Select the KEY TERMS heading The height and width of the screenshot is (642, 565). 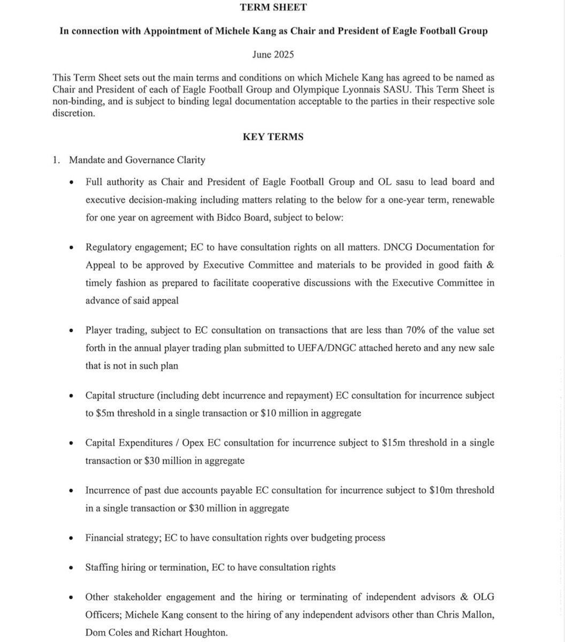pos(273,137)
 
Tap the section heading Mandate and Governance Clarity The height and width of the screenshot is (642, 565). pos(144,160)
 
